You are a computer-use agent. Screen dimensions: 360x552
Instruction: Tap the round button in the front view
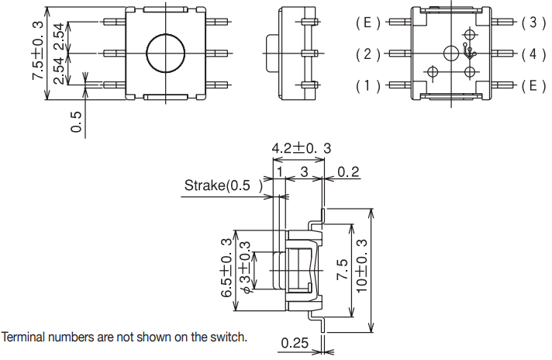[166, 54]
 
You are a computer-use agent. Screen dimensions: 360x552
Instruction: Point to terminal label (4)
[533, 54]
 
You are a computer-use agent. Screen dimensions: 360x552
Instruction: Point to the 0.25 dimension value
[295, 343]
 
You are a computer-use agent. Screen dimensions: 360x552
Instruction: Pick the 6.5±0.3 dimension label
[227, 267]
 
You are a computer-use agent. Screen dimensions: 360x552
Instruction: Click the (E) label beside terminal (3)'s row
[366, 22]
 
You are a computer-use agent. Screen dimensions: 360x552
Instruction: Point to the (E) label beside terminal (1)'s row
[533, 85]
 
